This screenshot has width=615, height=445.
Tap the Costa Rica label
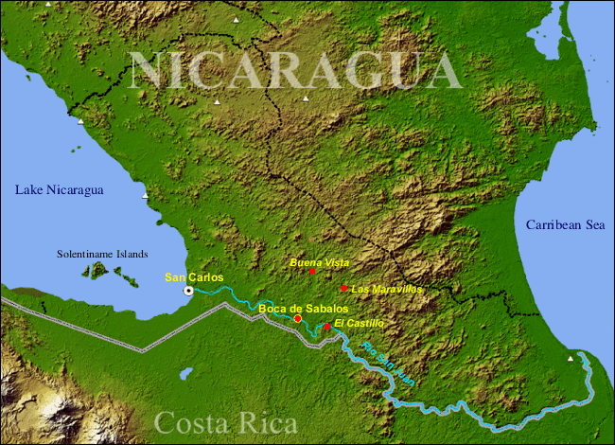(x=225, y=422)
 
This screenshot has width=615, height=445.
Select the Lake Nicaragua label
(x=59, y=190)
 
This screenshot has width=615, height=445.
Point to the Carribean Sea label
(x=564, y=224)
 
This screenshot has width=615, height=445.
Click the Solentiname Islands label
(x=102, y=254)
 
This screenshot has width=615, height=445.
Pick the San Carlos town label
(x=194, y=277)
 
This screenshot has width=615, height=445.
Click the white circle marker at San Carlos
(x=188, y=291)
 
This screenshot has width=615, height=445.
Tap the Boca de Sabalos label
(x=303, y=309)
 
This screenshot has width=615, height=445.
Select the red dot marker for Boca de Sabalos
(x=298, y=319)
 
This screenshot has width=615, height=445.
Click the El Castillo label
(x=359, y=323)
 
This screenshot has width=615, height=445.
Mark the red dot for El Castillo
(x=327, y=327)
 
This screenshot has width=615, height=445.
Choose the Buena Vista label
(x=319, y=261)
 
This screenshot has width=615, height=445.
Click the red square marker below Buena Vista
(x=312, y=271)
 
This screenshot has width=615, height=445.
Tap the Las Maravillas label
(x=386, y=288)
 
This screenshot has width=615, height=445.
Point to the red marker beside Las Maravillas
(x=343, y=288)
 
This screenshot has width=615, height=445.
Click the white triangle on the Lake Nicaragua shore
(x=145, y=196)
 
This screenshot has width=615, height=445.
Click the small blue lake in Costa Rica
(x=186, y=373)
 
